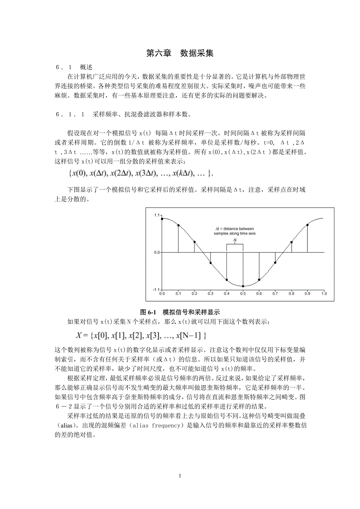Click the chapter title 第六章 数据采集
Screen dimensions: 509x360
pos(180,54)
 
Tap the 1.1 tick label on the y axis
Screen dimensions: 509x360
pos(157,215)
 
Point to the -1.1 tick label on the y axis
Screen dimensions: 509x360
pos(156,290)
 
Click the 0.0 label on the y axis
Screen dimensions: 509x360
pos(157,253)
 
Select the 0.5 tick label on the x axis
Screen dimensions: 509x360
pos(243,293)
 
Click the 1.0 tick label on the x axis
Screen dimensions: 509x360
pos(324,293)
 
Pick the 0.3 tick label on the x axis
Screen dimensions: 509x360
pos(211,293)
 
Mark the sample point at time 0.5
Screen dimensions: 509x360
pos(243,286)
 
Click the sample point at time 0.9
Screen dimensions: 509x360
pos(308,225)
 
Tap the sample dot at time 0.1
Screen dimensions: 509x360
pos(178,226)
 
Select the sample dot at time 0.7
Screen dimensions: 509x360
pos(275,263)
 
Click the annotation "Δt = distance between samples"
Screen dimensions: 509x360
pos(235,231)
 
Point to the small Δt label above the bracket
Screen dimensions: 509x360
pos(235,240)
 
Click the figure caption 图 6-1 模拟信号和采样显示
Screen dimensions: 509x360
pos(180,312)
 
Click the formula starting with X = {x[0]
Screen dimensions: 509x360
pos(141,335)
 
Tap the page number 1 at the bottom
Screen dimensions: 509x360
pos(180,476)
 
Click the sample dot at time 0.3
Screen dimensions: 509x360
pos(211,263)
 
